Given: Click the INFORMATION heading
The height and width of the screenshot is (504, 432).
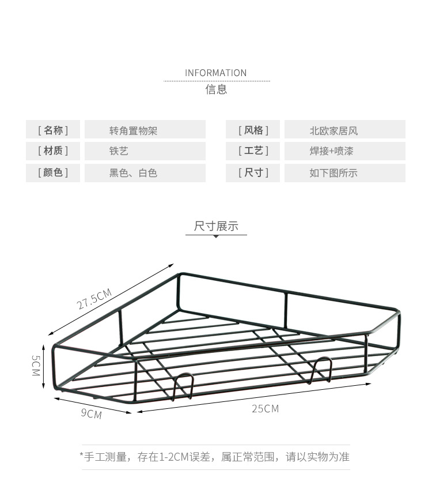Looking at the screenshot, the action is [215, 73].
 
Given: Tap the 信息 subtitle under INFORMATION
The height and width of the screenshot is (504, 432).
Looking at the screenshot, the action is [216, 89].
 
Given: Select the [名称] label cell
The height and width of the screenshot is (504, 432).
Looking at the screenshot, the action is [53, 130].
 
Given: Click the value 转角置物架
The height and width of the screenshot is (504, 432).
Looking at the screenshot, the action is [133, 131].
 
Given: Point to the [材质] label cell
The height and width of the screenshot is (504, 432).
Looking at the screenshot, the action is [53, 151].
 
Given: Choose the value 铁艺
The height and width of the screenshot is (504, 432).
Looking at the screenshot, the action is [119, 151].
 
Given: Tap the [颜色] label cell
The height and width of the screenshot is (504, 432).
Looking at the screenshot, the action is [53, 173].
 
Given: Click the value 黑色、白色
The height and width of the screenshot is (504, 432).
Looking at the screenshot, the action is [133, 173].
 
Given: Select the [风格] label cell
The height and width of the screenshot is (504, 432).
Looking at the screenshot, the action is [253, 130].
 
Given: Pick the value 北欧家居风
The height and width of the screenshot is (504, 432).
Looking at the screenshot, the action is [334, 131].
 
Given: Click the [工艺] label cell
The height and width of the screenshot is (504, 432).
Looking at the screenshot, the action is [253, 151].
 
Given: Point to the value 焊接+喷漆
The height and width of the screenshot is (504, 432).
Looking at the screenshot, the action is [331, 151].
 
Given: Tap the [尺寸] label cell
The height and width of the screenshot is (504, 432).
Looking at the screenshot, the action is [253, 173].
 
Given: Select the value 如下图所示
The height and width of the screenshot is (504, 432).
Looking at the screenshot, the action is [334, 173].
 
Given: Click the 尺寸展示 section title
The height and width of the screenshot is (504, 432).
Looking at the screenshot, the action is [216, 226].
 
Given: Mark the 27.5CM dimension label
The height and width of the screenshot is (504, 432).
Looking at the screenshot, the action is [94, 299].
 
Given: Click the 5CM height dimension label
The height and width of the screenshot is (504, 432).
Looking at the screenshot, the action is [35, 366].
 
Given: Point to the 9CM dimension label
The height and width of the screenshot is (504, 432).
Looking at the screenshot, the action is [91, 413].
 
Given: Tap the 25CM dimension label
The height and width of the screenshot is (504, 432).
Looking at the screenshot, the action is [266, 409].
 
